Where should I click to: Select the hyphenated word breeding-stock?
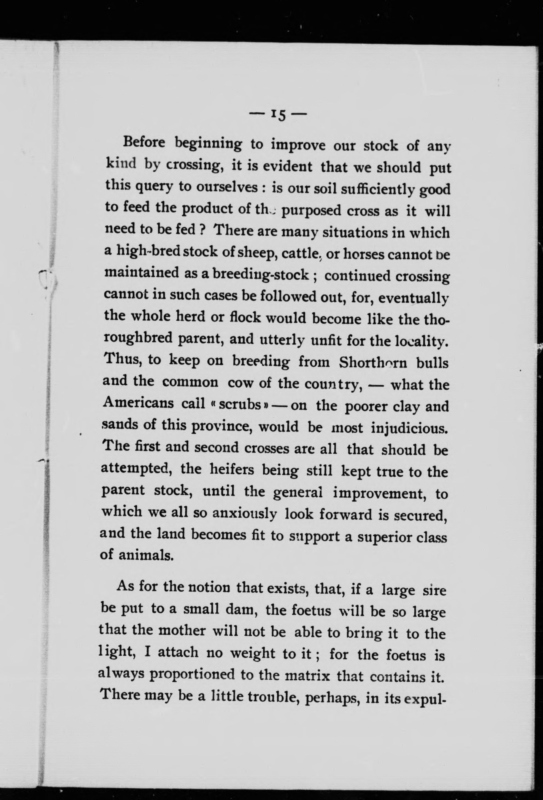pyautogui.click(x=261, y=274)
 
